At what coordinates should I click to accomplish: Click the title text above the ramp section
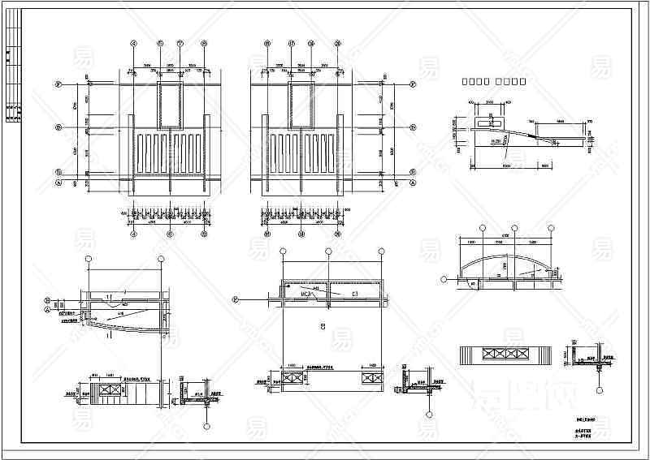[x=494, y=81]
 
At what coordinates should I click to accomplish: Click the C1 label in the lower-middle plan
[x=354, y=293]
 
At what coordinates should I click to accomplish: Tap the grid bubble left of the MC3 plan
[x=236, y=299]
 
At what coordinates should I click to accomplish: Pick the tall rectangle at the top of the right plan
[x=300, y=104]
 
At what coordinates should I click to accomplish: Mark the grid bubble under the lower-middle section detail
[x=425, y=423]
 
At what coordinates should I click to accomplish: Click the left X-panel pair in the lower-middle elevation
[x=292, y=377]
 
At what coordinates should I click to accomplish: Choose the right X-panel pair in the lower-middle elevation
[x=364, y=377]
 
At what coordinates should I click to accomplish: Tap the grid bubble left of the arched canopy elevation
[x=444, y=279]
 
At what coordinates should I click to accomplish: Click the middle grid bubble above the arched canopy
[x=513, y=229]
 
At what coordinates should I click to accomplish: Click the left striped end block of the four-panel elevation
[x=470, y=355]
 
